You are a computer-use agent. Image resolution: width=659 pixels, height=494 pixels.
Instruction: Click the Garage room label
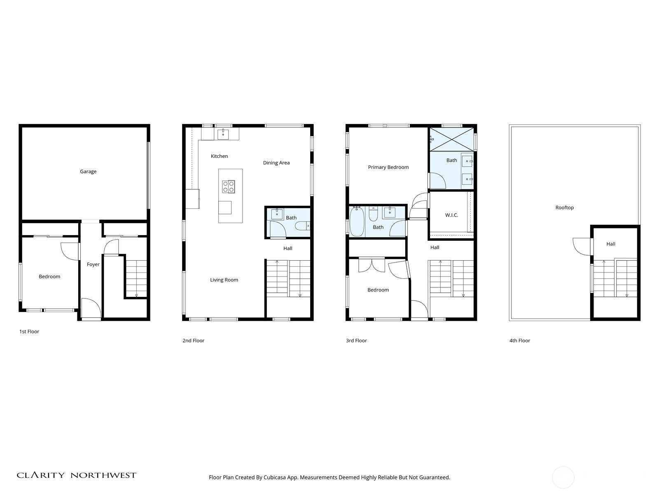coord(88,172)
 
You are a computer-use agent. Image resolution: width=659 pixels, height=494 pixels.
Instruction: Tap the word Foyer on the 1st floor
coord(93,265)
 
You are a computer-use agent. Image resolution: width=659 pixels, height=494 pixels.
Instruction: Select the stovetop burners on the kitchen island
coord(229,186)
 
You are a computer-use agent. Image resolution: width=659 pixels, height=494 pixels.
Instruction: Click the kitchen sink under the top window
coord(223,134)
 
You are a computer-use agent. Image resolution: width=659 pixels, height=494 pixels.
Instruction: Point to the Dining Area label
coord(276,163)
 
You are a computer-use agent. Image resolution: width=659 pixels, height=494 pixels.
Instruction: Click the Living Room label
coord(224,280)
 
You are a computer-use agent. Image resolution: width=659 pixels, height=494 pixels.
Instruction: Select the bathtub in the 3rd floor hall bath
coord(357,221)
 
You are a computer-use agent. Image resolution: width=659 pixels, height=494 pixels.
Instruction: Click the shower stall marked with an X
coord(451,140)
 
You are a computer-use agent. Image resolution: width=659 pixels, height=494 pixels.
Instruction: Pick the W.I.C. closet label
coord(451,215)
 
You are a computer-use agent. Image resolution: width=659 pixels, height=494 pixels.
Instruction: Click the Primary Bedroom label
coord(388,168)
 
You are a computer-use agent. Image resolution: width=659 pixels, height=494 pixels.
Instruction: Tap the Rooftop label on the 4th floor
coord(564,208)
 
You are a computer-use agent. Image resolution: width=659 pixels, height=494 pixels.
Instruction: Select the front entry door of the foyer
coord(91,309)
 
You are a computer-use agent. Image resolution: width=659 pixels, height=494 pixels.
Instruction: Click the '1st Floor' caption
coord(29,332)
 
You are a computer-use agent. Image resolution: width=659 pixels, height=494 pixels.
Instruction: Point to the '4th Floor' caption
coord(520,341)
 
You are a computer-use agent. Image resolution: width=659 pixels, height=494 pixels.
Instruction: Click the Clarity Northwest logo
coord(77,475)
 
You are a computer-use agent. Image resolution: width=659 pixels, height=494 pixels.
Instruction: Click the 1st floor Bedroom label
coord(49,277)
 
